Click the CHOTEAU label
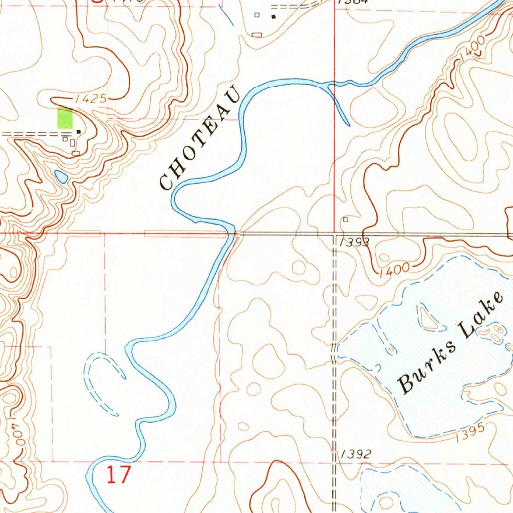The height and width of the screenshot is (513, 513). (x=199, y=140)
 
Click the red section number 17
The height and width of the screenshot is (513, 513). (x=118, y=474)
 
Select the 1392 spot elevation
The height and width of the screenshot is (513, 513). (x=356, y=454)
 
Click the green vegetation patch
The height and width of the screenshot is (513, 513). (x=65, y=118)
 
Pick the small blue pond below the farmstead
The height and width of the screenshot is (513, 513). (x=61, y=176)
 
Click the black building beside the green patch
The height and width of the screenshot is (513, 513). (x=79, y=132)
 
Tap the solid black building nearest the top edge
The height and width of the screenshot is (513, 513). (x=274, y=17)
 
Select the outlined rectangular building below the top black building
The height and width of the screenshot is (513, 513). (x=257, y=34)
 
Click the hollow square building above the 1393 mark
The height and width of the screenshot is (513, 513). (x=345, y=219)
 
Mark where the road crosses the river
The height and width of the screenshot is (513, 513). (x=233, y=233)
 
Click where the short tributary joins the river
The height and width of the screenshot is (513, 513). (x=328, y=86)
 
